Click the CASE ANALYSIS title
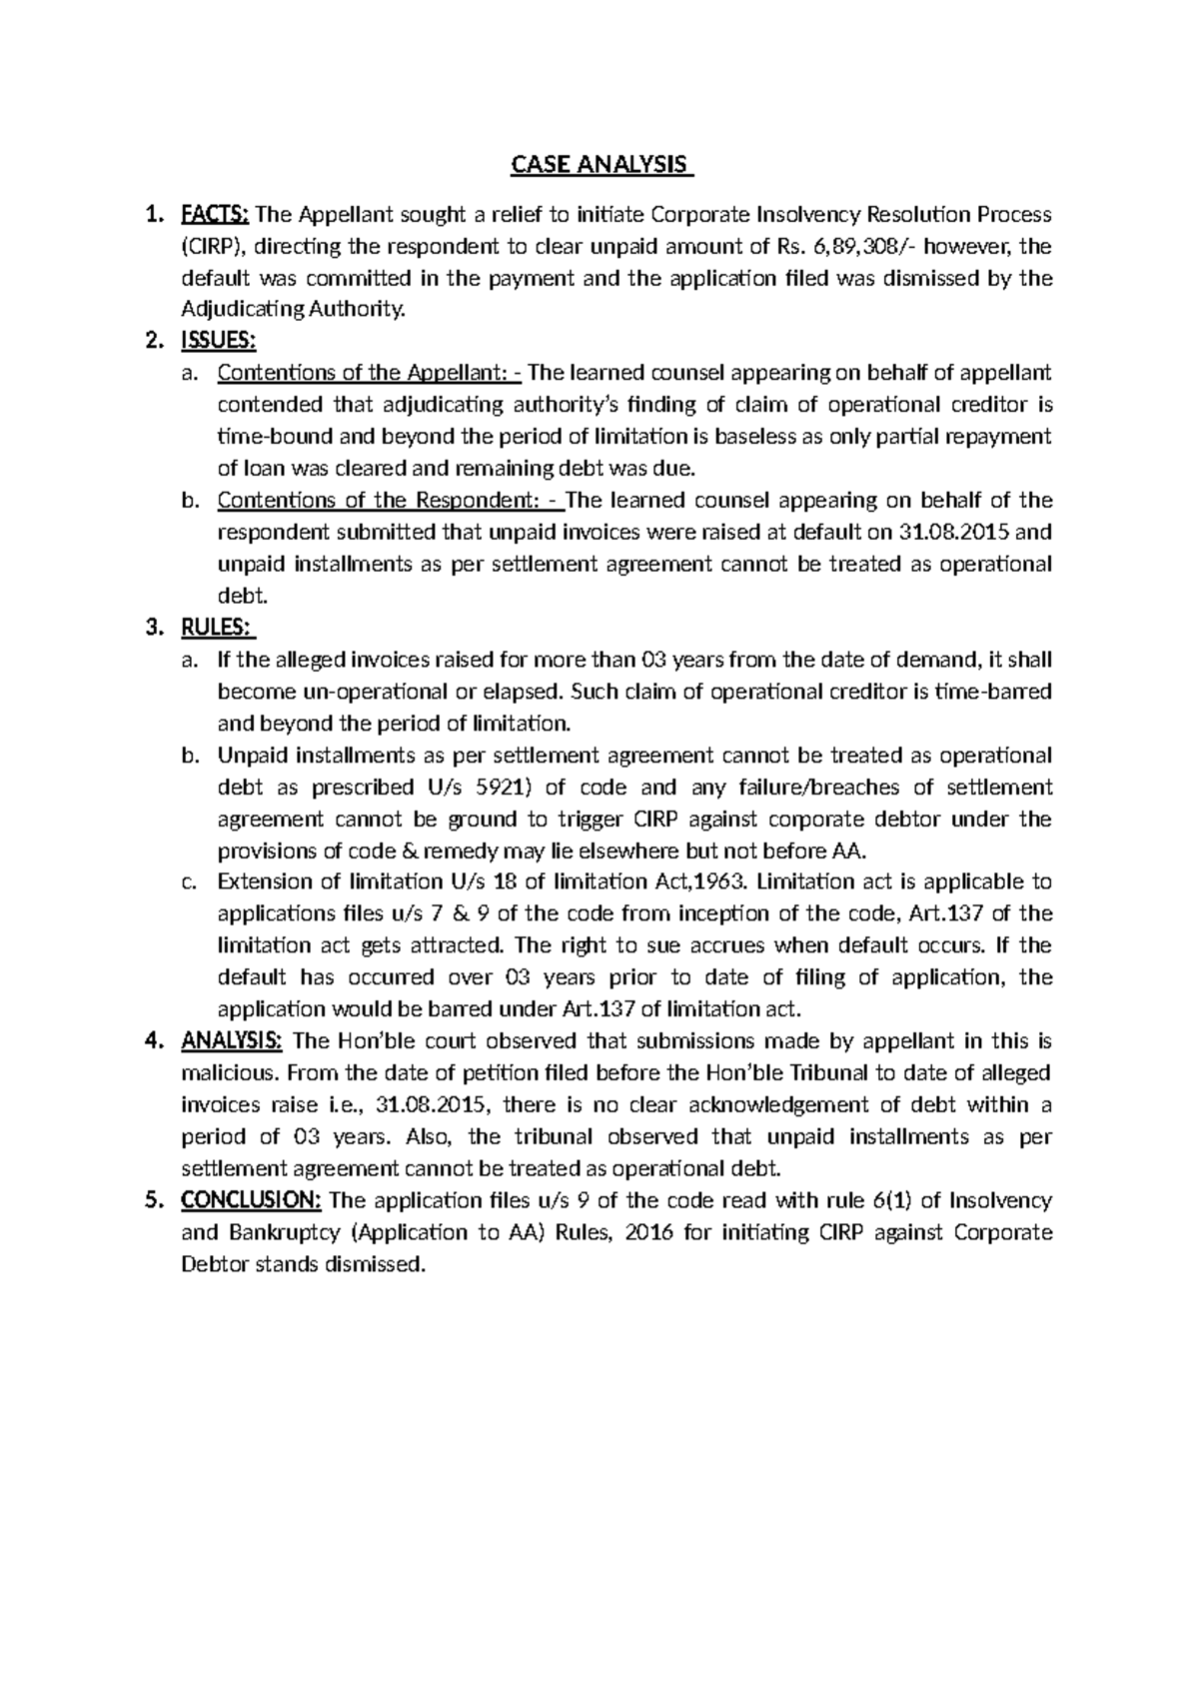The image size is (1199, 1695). [x=601, y=165]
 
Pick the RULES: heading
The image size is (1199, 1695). [x=217, y=628]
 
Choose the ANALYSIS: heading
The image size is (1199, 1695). [x=232, y=1041]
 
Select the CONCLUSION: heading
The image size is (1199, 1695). [x=251, y=1200]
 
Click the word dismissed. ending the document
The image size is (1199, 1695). [x=381, y=1264]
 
